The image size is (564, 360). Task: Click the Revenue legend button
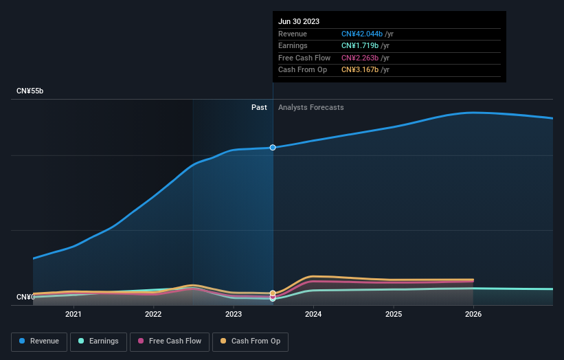[39, 341]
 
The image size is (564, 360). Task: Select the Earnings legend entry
[98, 341]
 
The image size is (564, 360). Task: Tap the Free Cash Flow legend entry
[170, 341]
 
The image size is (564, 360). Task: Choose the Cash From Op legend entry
[250, 341]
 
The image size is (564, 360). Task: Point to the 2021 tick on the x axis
[74, 315]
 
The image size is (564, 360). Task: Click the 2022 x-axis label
[153, 315]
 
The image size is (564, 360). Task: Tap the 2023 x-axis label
[234, 315]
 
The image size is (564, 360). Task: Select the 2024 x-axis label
[313, 315]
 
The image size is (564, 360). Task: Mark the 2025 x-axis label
[394, 315]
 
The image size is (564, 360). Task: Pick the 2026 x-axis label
[473, 315]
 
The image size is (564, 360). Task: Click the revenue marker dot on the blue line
[273, 148]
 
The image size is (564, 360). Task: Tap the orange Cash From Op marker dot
[273, 293]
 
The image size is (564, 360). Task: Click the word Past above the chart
[259, 107]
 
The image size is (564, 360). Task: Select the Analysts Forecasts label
[311, 107]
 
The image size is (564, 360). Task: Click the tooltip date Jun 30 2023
[299, 21]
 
